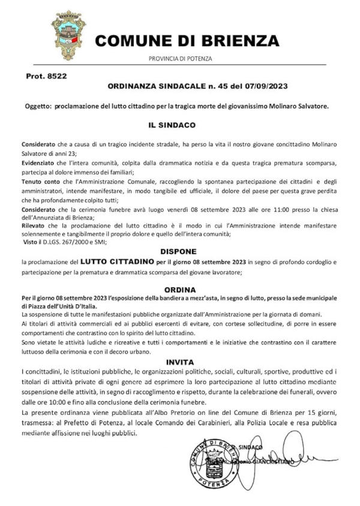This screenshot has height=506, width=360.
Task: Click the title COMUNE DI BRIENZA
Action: pos(187,40)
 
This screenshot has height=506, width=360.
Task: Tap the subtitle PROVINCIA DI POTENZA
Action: pos(181,58)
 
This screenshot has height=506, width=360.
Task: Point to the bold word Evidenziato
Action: pos(39,163)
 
